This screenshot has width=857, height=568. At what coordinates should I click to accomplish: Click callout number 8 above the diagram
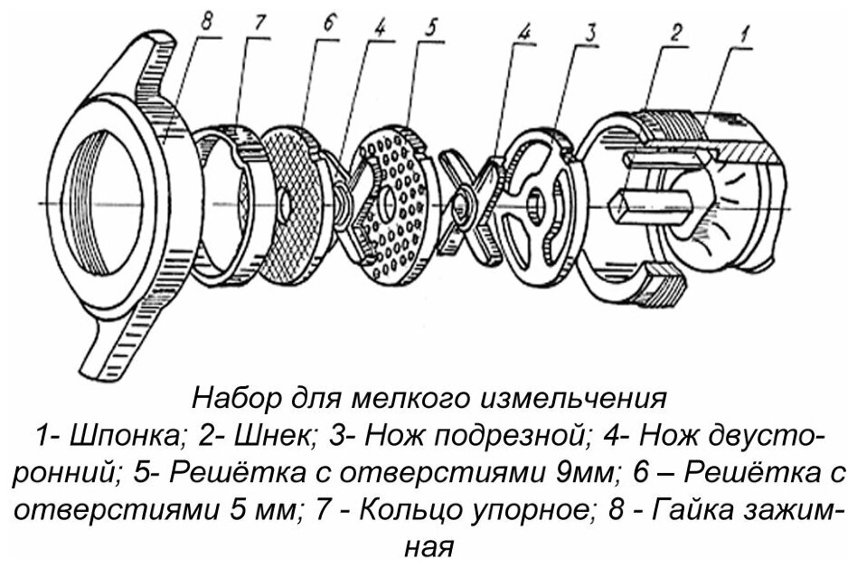tap(207, 21)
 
